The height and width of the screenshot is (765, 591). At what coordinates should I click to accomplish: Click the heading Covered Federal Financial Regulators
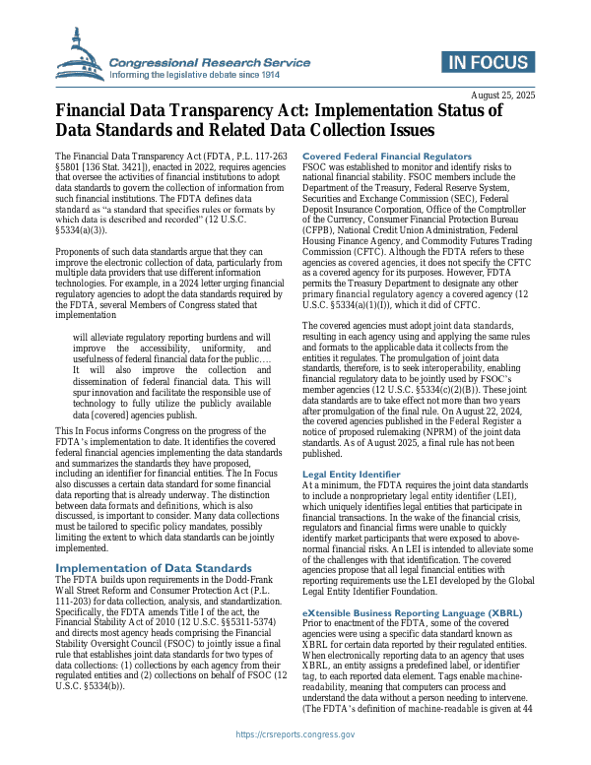387,157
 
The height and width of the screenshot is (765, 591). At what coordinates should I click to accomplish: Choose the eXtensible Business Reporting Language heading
412,612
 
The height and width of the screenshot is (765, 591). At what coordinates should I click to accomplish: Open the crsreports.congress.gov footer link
295,733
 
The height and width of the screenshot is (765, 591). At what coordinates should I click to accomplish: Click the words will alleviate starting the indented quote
102,308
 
